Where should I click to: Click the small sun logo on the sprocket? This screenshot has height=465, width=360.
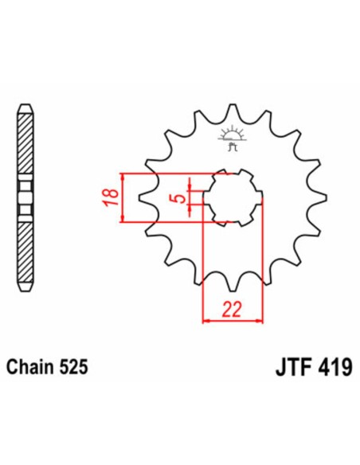coord(233,134)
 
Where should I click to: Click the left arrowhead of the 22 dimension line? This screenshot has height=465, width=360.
coord(207,321)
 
